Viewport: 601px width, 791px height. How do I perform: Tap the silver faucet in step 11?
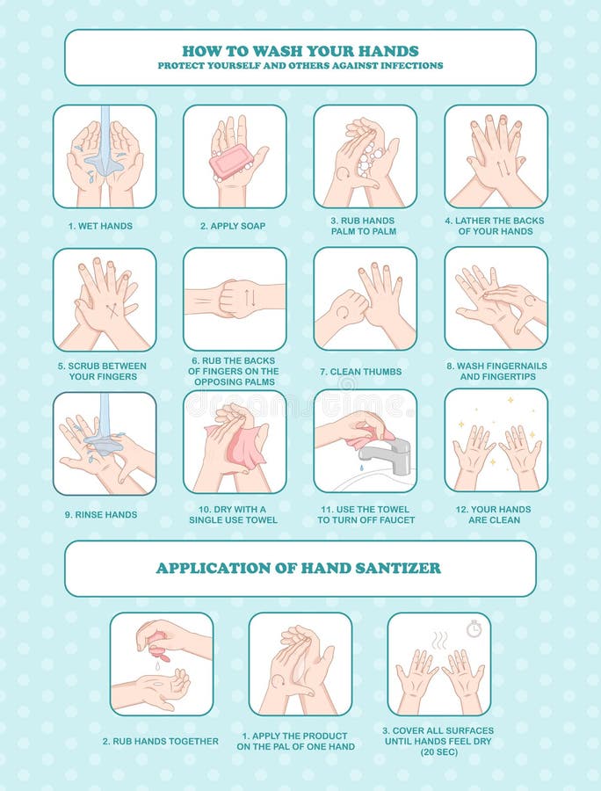(390, 453)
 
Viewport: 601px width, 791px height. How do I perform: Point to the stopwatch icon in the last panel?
(474, 628)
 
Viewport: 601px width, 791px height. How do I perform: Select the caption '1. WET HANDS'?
(100, 226)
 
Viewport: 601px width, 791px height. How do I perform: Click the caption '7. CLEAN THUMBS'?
(365, 372)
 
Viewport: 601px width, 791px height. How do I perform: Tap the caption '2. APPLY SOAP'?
(232, 226)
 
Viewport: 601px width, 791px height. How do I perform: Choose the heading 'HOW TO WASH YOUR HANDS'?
(300, 50)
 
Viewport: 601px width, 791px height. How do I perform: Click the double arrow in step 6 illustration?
(249, 297)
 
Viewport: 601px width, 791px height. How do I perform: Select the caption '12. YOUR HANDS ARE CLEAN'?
(495, 514)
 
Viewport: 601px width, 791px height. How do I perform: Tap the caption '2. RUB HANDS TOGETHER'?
(160, 741)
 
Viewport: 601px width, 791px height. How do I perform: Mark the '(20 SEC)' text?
(439, 751)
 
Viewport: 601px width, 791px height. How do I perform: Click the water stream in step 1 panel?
(105, 141)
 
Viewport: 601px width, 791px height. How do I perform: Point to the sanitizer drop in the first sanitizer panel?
(157, 665)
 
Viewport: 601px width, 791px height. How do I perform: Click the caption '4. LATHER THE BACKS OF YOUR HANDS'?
(495, 226)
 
